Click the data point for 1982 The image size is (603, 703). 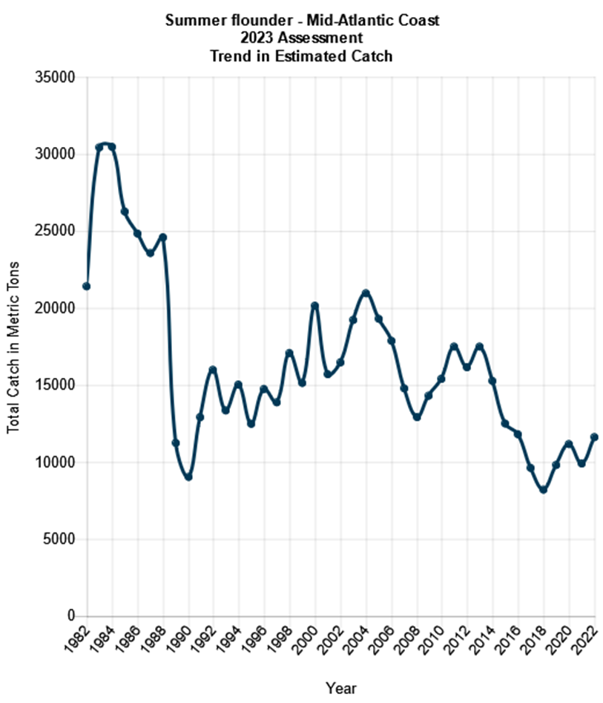click(x=87, y=286)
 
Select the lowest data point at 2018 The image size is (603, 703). click(x=543, y=490)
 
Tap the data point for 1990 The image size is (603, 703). click(x=188, y=477)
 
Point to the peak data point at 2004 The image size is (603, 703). click(x=366, y=293)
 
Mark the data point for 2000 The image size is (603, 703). click(x=315, y=306)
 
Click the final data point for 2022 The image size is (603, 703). click(x=594, y=437)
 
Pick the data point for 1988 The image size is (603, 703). click(x=163, y=238)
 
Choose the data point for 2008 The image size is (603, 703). click(x=417, y=417)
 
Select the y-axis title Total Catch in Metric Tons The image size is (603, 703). click(x=14, y=347)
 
